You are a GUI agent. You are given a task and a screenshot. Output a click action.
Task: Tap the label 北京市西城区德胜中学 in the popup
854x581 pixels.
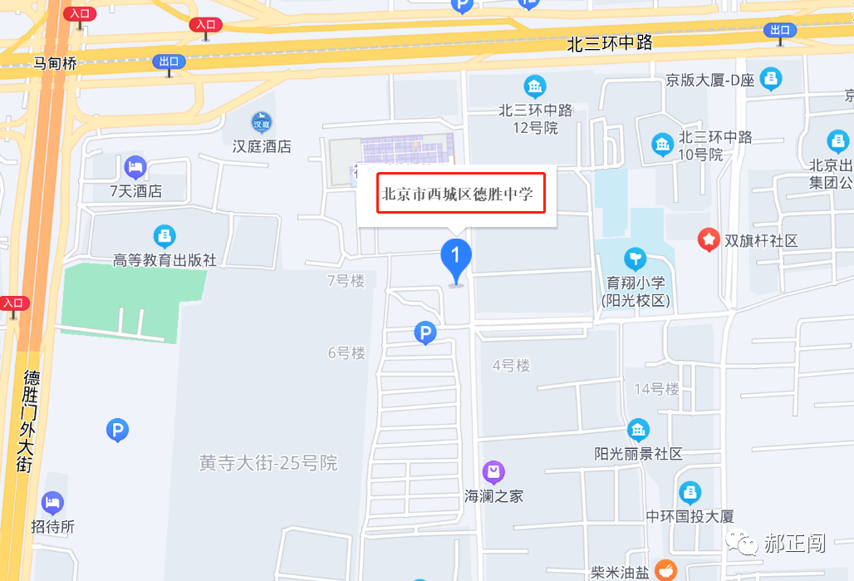tap(461, 194)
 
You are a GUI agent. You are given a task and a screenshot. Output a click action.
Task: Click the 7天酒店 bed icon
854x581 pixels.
tap(135, 168)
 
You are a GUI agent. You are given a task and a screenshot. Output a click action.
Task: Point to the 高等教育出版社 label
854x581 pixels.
tap(164, 260)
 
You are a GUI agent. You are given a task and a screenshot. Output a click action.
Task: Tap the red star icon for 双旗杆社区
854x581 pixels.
tap(709, 240)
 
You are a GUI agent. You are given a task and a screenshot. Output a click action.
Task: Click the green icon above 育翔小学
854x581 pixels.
tap(636, 258)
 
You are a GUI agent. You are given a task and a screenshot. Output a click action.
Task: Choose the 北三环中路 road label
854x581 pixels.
tap(611, 44)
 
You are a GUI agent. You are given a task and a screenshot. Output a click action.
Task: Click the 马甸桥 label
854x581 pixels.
tap(55, 63)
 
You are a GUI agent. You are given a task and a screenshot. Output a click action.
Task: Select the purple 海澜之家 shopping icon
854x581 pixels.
tap(493, 473)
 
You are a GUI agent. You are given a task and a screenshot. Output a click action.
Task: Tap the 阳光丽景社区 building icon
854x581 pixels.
tap(638, 431)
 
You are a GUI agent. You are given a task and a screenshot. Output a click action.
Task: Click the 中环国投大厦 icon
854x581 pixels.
tap(690, 493)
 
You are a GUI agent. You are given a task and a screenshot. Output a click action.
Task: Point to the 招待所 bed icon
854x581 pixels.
tap(52, 503)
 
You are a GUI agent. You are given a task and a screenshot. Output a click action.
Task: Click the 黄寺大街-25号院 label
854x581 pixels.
tap(268, 463)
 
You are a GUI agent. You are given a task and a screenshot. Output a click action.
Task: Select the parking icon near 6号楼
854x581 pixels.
tap(425, 334)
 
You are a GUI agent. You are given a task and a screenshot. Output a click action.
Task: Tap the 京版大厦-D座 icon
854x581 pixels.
tap(771, 80)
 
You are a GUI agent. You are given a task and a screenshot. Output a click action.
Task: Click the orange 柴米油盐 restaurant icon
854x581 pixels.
tap(665, 570)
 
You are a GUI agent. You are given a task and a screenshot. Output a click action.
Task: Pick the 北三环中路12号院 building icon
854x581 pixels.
tap(535, 86)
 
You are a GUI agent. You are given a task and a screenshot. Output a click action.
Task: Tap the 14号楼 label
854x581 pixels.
tap(656, 389)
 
